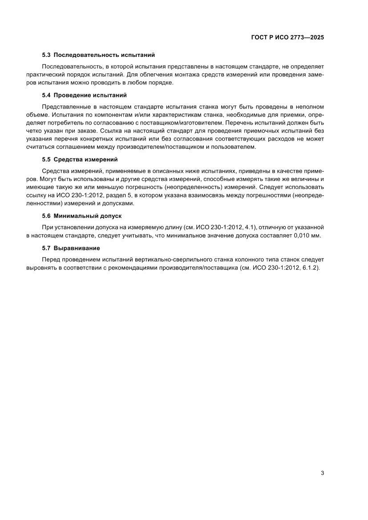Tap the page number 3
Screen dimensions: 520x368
point(322,473)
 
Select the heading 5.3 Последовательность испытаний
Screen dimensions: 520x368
point(98,55)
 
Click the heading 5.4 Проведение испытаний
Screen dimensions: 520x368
point(84,95)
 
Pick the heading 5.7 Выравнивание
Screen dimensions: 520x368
point(71,248)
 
